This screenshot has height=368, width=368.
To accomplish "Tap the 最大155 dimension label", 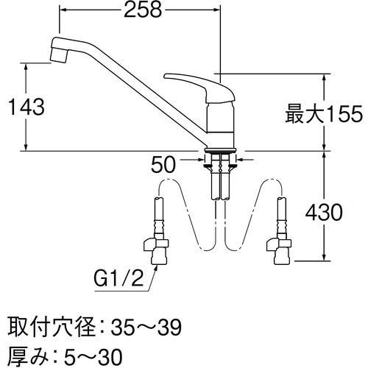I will point(323,114).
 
